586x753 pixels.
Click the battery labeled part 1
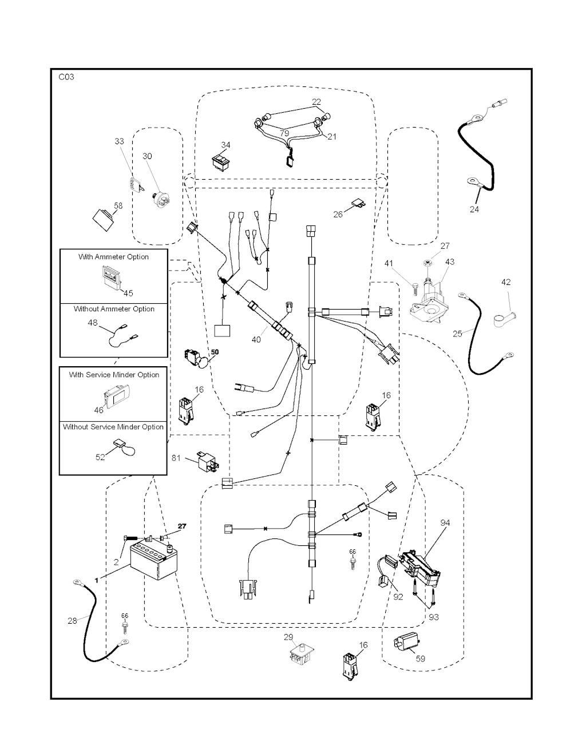point(152,563)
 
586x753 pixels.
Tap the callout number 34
point(226,145)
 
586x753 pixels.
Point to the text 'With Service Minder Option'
point(114,375)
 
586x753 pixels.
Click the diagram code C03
point(66,77)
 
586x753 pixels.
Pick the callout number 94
point(445,522)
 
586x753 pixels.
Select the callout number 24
point(474,209)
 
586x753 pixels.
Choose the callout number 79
point(284,133)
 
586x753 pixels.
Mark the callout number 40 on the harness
point(256,339)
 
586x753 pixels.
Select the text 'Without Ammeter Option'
point(114,309)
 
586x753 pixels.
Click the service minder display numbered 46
point(116,393)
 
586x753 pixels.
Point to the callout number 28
point(73,620)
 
